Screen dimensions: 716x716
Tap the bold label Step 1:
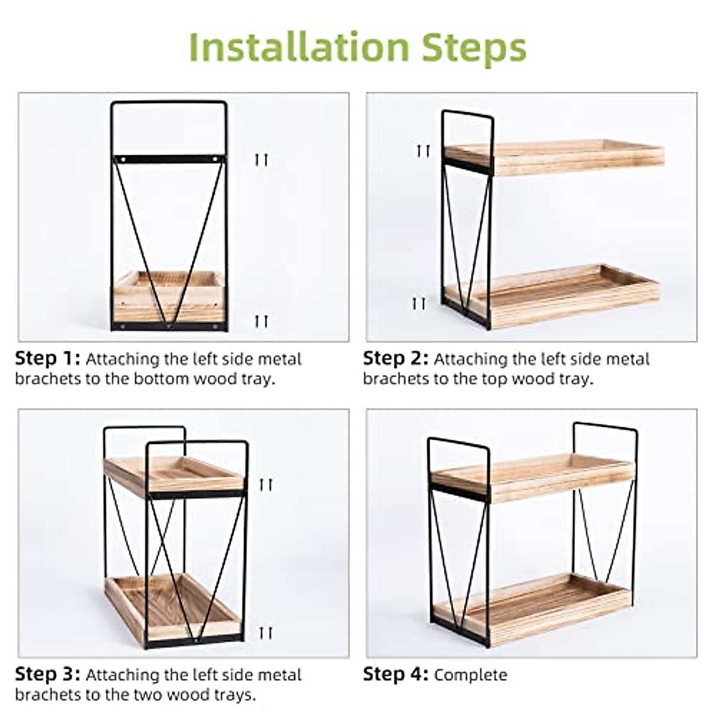coord(47,359)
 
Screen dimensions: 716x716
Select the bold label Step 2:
coord(396,359)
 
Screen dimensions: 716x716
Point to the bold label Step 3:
coord(47,675)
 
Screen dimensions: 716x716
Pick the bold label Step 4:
coord(396,675)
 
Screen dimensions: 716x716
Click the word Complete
coord(471,675)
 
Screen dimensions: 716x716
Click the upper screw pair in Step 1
coord(261,159)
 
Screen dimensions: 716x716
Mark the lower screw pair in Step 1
coord(261,322)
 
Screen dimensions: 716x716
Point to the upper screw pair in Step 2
coord(423,150)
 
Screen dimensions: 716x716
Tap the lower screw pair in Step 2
coord(419,304)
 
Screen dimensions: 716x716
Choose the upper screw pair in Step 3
coord(266,484)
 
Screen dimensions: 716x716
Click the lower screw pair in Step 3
coord(266,632)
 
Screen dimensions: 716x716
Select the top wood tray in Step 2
coord(555,156)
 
